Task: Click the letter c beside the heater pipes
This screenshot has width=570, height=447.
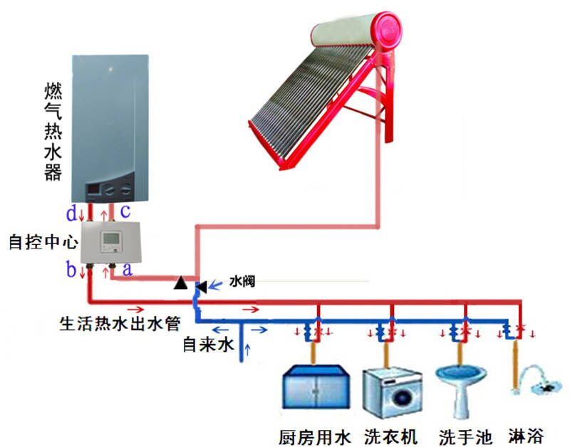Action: pyautogui.click(x=125, y=211)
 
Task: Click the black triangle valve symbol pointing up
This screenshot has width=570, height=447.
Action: pyautogui.click(x=182, y=284)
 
